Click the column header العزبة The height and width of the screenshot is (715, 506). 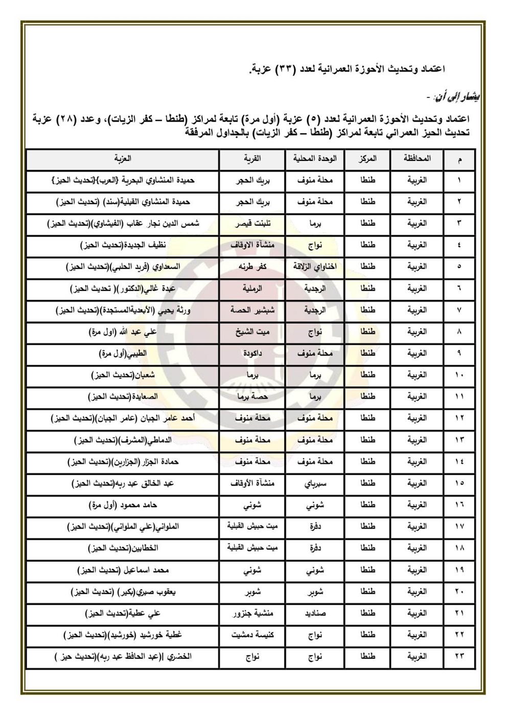coord(123,159)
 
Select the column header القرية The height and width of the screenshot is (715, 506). coord(251,159)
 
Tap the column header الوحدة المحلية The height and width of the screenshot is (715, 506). coord(315,159)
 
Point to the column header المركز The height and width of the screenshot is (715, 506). coord(367,159)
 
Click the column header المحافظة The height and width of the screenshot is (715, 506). coord(417,159)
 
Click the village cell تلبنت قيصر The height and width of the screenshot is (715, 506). coord(251,224)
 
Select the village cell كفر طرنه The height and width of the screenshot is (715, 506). coord(251,267)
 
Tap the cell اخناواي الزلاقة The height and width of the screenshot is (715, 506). coord(315,267)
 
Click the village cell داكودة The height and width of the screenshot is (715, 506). coord(251,353)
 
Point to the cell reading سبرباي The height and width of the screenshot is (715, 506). coord(315,483)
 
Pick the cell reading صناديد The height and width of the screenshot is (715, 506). coord(315,613)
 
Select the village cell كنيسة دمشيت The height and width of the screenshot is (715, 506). coord(251,635)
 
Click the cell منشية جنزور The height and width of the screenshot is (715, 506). coord(251,613)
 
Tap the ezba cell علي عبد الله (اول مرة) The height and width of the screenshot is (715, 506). coord(123,332)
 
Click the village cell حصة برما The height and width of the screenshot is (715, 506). coord(251,397)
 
